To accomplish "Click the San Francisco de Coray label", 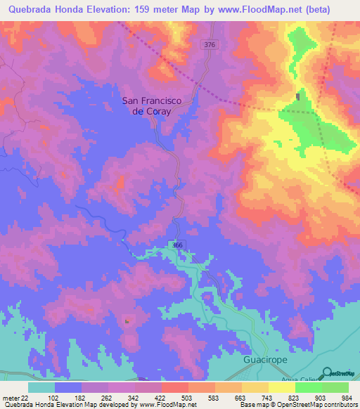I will pos(153,106).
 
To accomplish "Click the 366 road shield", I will pos(178,243).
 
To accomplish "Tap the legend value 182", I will pos(79,398).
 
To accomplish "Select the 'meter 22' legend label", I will pos(15,398).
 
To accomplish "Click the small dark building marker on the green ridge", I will pos(298,97).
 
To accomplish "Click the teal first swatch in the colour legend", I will pos(41,387).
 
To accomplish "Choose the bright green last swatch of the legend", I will pos(335,387).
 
